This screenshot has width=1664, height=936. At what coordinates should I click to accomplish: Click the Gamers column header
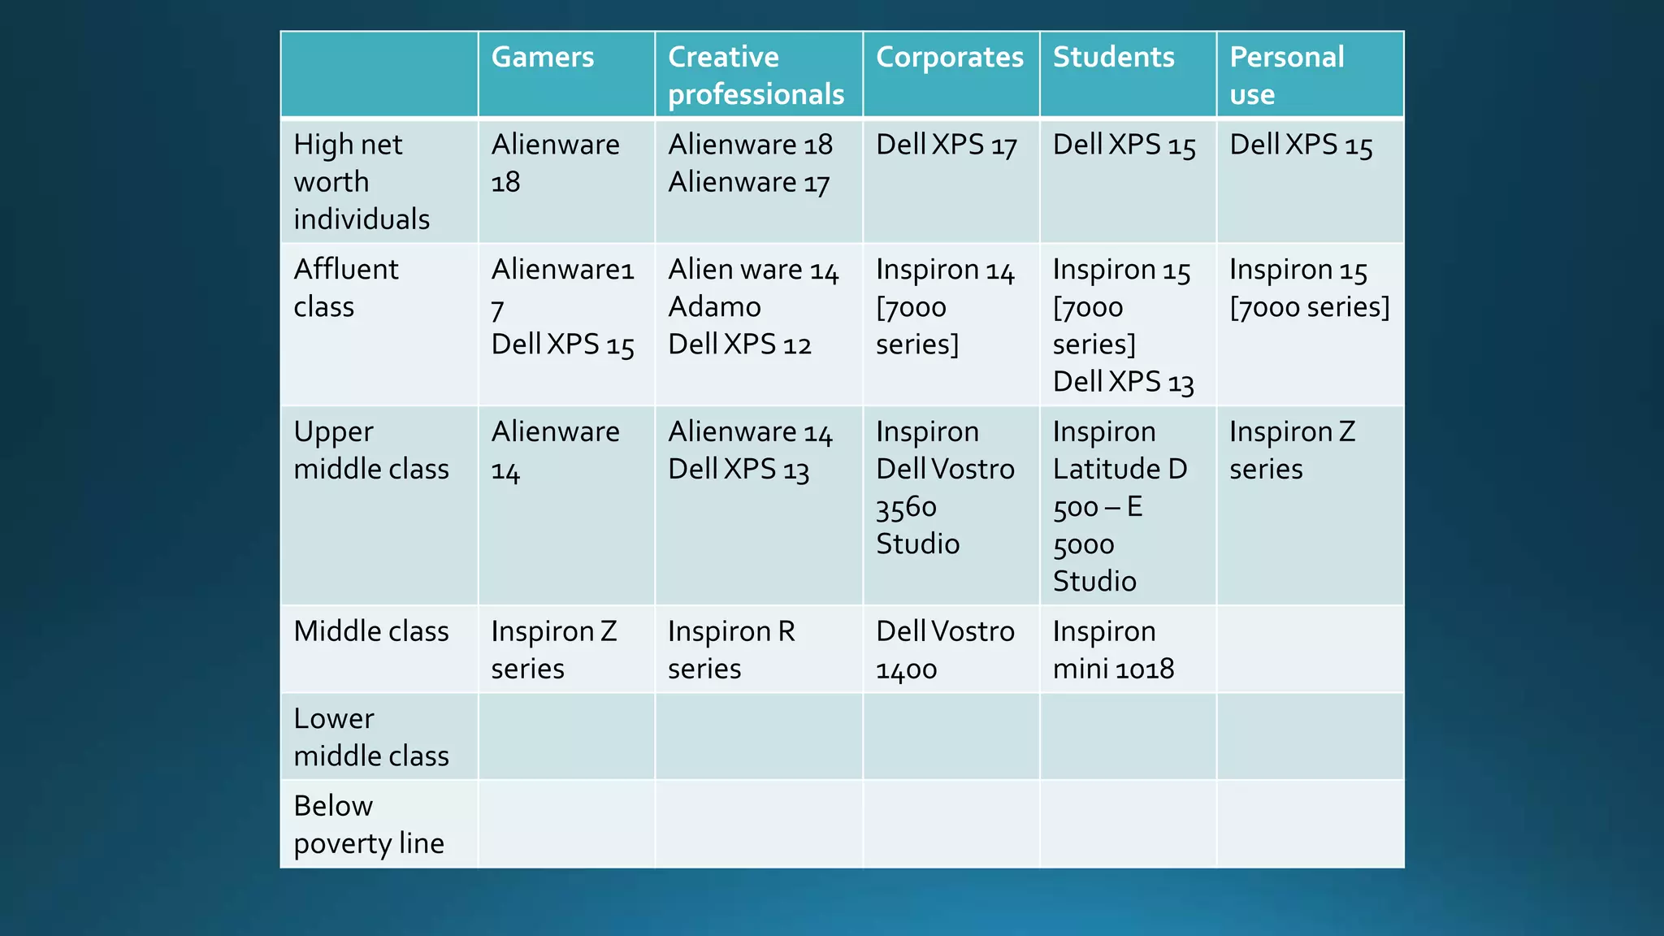coord(543,58)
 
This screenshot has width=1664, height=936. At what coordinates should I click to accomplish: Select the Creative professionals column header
coord(756,76)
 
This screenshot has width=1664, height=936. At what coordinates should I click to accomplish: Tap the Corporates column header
coord(950,58)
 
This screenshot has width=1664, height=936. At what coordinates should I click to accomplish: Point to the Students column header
coord(1113,58)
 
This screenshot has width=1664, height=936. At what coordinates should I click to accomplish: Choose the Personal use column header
coord(1287,76)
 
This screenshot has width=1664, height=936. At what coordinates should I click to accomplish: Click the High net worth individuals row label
coord(362,181)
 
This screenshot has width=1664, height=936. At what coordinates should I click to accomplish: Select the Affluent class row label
coord(346,288)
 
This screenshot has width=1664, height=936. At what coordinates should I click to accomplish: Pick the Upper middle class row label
coord(371,450)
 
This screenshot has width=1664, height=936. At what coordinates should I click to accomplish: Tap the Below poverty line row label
coord(369,825)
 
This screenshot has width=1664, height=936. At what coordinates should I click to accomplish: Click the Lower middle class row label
coord(371,737)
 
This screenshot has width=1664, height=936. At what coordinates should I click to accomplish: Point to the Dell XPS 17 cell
coord(947,145)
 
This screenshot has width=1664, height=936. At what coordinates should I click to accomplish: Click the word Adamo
coord(714,307)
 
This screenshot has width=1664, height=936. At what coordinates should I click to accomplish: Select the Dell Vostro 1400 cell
coord(945,650)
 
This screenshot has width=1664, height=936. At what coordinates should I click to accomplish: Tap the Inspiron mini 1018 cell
coord(1113,650)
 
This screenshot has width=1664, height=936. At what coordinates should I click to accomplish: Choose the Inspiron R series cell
coord(731,650)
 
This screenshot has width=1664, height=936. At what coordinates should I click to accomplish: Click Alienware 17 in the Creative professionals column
coord(748,183)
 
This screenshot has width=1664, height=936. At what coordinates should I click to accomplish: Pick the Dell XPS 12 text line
coord(739,344)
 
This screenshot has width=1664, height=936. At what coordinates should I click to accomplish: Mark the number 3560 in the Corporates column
coord(906,508)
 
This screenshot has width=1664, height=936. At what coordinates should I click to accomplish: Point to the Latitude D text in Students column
coord(1120,470)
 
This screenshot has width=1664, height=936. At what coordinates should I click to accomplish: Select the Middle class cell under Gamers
coord(554,650)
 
